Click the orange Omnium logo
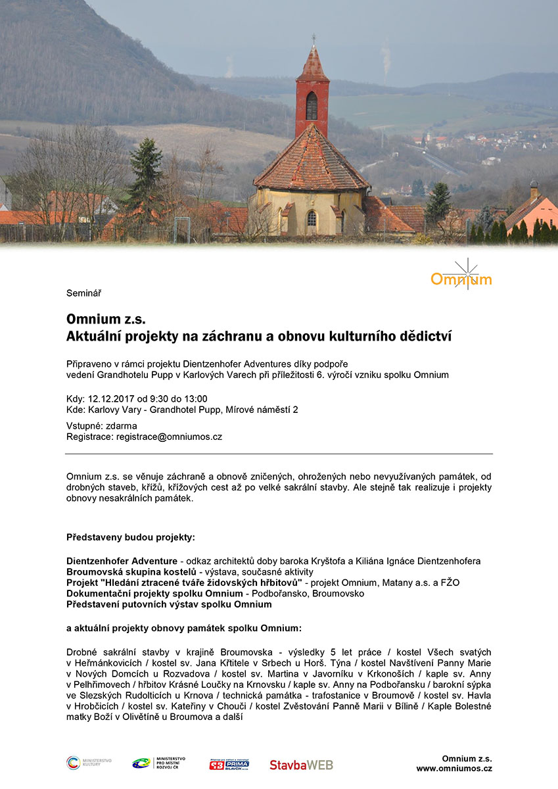pos(461,277)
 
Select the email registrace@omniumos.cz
pos(169,437)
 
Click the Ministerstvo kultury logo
pos(89,763)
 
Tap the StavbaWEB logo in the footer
pos(301,765)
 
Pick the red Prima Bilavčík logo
pos(229,763)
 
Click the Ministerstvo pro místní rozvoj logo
pos(158,763)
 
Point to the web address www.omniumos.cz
pos(454,769)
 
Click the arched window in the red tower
pos(312,106)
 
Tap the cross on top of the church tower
pos(314,38)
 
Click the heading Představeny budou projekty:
pos(131,537)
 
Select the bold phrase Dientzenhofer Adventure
pos(122,561)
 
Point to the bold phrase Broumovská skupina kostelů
pos(132,572)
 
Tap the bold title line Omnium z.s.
pos(106,320)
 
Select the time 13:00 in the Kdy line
pos(195,398)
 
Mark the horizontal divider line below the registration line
pos(279,454)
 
